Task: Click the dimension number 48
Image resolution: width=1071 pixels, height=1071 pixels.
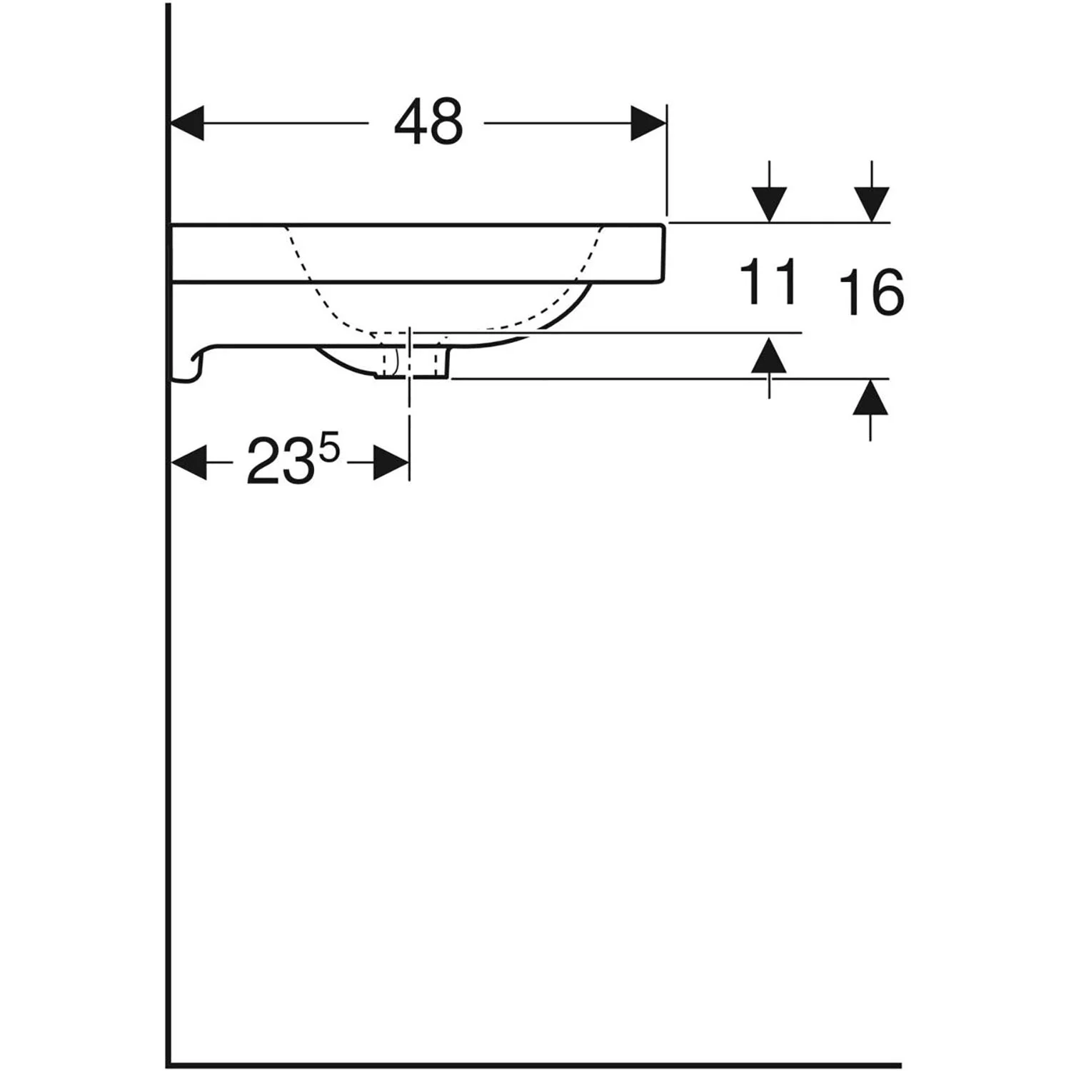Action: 428,122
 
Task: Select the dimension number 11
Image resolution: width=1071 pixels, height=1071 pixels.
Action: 768,282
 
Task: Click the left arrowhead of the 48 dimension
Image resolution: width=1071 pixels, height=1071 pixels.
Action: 187,124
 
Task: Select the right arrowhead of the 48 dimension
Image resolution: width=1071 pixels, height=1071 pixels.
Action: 648,124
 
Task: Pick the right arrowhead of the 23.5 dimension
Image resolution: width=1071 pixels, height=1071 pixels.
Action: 391,462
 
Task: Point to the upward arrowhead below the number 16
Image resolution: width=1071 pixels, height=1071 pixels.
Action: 870,398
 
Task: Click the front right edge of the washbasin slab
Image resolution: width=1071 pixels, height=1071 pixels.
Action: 664,253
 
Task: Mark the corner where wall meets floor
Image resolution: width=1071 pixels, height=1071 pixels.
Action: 168,1065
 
